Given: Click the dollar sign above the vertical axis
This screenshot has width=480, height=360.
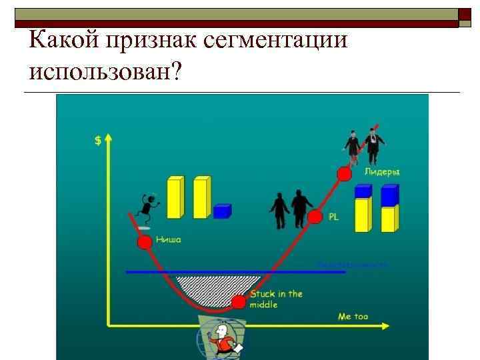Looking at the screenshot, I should [98, 141].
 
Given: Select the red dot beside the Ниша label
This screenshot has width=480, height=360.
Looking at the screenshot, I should [143, 242].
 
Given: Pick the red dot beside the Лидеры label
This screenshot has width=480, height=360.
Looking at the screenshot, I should [344, 173].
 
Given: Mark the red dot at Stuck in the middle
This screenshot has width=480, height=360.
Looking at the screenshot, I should [238, 303].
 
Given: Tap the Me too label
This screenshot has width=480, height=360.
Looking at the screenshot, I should [353, 317].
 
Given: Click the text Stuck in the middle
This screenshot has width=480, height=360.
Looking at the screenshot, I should [275, 299].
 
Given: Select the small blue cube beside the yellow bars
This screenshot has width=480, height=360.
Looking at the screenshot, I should [222, 211].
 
